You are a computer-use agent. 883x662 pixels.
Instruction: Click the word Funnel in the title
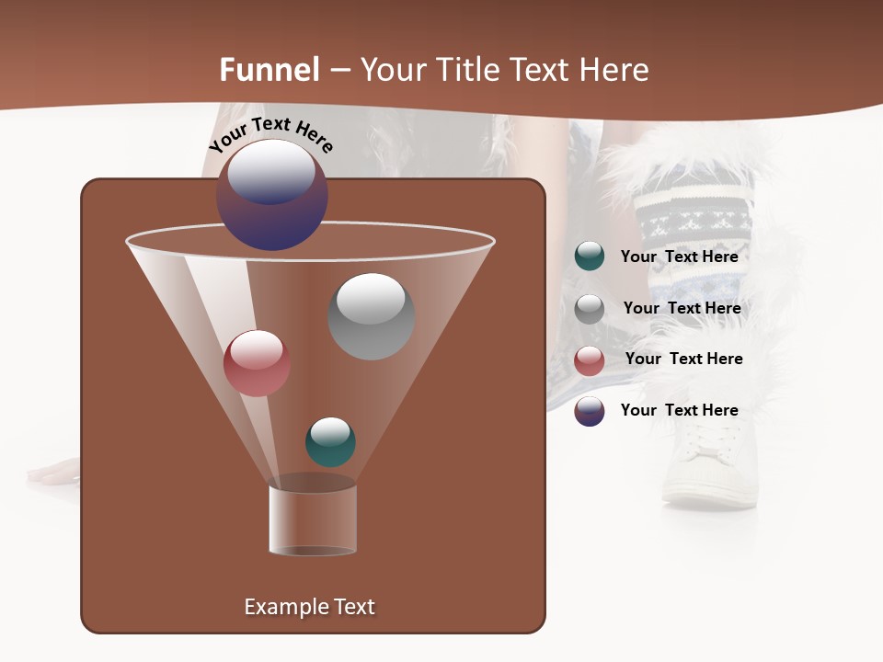[x=269, y=70]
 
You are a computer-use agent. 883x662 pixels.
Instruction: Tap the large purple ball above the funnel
[x=272, y=195]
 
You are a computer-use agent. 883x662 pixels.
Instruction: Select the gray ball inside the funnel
[x=371, y=316]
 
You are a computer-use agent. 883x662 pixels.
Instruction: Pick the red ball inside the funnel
[x=257, y=363]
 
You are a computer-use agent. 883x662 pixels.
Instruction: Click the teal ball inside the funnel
[x=330, y=442]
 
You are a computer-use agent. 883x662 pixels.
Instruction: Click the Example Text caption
[x=309, y=607]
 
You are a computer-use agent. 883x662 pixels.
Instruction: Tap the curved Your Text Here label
[x=271, y=134]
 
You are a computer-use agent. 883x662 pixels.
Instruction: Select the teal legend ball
[x=590, y=257]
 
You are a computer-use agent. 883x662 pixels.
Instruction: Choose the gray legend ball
[x=590, y=309]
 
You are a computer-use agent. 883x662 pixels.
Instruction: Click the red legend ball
[x=590, y=360]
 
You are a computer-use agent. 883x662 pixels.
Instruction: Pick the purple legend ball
[x=590, y=411]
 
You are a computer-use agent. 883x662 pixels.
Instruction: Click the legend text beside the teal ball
[x=679, y=257]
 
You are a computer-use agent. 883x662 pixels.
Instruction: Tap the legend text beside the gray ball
[x=682, y=309]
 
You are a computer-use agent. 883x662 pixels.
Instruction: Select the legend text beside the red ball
[x=683, y=360]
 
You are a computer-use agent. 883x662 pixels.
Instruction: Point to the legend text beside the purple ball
[x=679, y=410]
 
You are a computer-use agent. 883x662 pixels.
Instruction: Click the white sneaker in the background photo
[x=708, y=464]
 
